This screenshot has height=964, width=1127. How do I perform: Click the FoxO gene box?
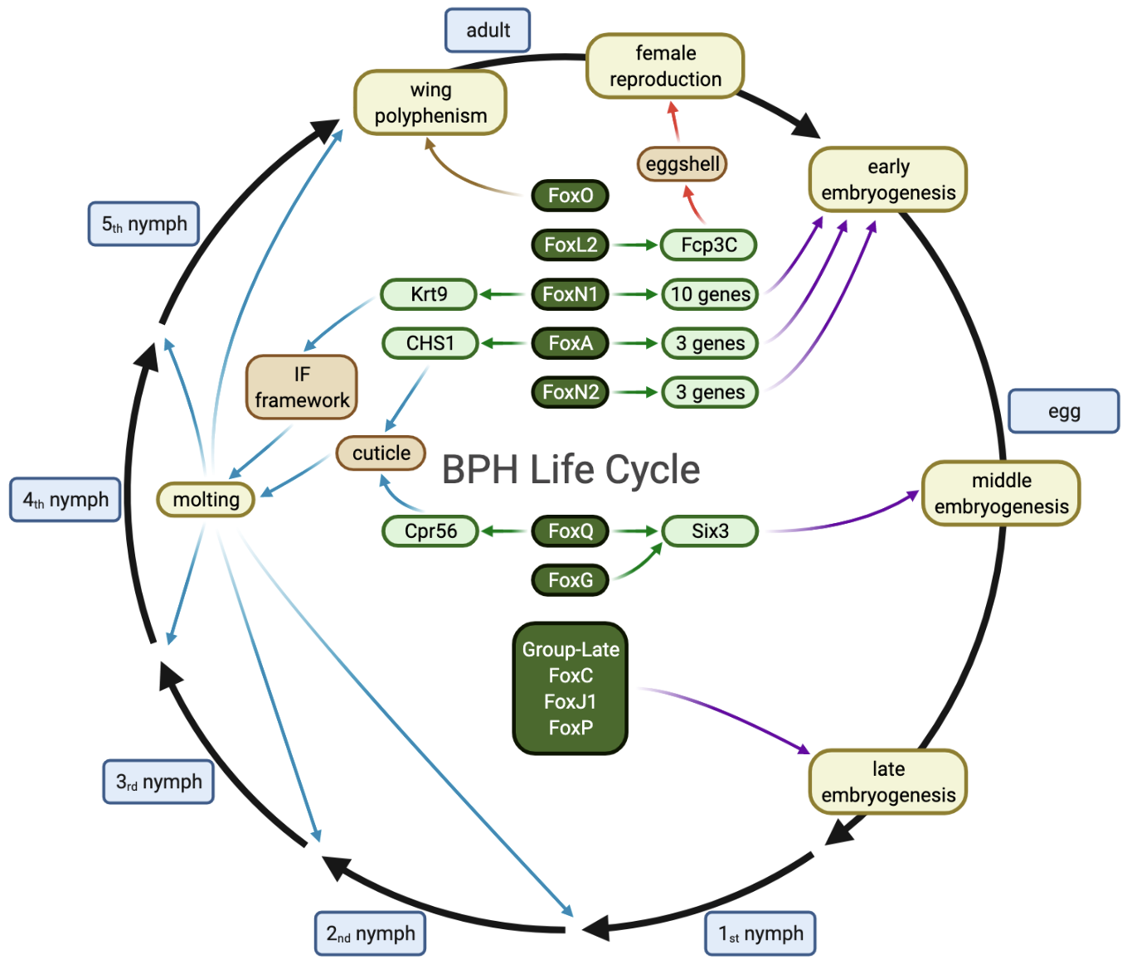pyautogui.click(x=571, y=196)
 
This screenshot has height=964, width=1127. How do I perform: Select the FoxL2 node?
pyautogui.click(x=571, y=245)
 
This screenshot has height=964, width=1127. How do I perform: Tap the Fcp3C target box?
pyautogui.click(x=708, y=245)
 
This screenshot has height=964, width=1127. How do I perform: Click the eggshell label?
pyautogui.click(x=682, y=164)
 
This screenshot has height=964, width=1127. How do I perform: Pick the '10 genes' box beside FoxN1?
pyautogui.click(x=710, y=294)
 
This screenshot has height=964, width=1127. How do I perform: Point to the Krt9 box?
pyautogui.click(x=429, y=294)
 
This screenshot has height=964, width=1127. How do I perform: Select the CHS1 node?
pyautogui.click(x=430, y=343)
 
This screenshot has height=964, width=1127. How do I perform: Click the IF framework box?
pyautogui.click(x=302, y=387)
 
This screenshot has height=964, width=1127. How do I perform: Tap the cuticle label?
pyautogui.click(x=381, y=453)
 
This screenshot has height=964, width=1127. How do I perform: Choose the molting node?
pyautogui.click(x=206, y=500)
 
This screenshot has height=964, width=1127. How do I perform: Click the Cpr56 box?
pyautogui.click(x=430, y=531)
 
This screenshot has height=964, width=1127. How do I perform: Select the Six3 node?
pyautogui.click(x=710, y=531)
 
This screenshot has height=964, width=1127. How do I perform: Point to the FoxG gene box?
pyautogui.click(x=571, y=580)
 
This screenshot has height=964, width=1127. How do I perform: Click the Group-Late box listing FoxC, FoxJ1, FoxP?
pyautogui.click(x=571, y=689)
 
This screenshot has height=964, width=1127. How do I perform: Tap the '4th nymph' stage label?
pyautogui.click(x=66, y=500)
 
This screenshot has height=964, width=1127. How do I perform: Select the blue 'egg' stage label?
pyautogui.click(x=1063, y=411)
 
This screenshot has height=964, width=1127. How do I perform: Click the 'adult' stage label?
pyautogui.click(x=488, y=31)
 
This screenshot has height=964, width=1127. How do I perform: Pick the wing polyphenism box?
pyautogui.click(x=430, y=103)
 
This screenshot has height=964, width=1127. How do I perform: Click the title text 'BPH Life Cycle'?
pyautogui.click(x=571, y=470)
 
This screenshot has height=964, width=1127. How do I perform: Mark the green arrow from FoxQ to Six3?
pyautogui.click(x=637, y=531)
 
